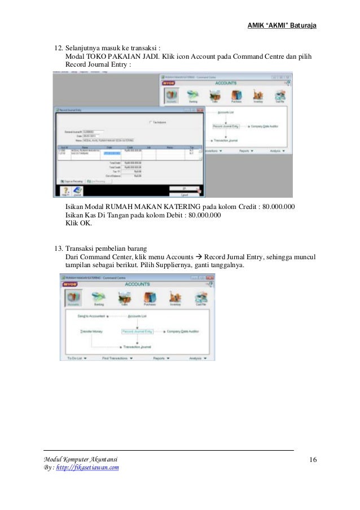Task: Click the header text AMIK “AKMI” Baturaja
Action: coord(282,25)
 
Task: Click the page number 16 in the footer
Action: coord(313,460)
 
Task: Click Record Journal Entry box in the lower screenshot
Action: coord(138,332)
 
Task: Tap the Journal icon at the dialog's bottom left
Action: coord(77,191)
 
